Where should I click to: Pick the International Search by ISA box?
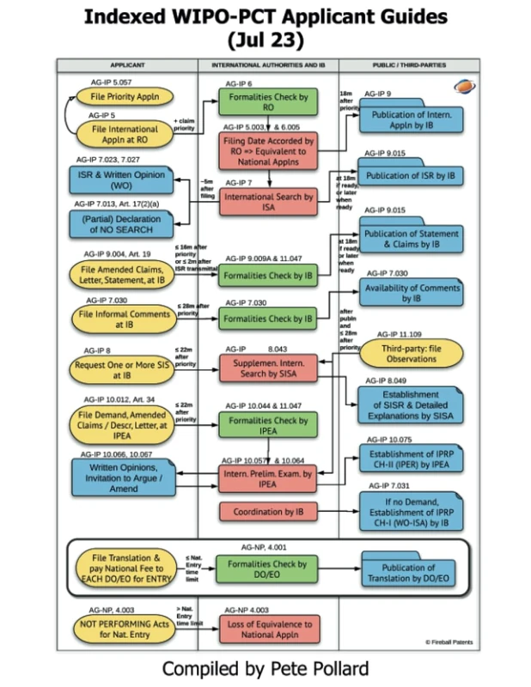267,202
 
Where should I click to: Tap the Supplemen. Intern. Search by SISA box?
267,368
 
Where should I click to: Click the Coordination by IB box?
267,512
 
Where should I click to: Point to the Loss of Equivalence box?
267,629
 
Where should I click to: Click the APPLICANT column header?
127,65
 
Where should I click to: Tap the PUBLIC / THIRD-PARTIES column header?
409,65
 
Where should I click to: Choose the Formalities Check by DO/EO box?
267,570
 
